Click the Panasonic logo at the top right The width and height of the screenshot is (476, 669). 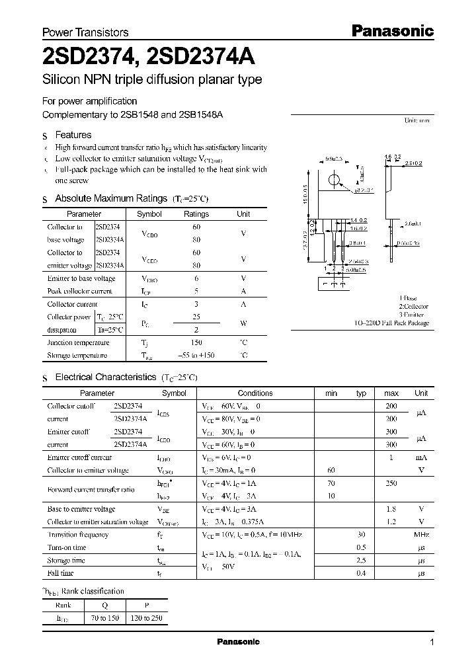pos(391,30)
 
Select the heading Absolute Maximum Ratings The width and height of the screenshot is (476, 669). pos(111,198)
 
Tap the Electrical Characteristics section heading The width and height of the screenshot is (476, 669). pos(105,377)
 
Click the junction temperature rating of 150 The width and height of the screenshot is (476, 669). pos(196,342)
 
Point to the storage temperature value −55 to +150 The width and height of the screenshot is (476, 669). pos(196,355)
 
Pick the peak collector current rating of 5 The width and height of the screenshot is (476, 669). pos(196,291)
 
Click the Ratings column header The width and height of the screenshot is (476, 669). pos(196,214)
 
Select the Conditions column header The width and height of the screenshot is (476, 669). pos(255,393)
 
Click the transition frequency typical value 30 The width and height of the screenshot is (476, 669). pos(361,535)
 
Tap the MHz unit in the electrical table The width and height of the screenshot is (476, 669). pos(421,535)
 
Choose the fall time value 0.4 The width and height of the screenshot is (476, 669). pos(361,573)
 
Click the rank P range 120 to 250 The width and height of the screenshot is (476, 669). pos(145,618)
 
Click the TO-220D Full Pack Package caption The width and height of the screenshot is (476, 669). pos(391,323)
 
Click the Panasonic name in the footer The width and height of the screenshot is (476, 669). pos(239,642)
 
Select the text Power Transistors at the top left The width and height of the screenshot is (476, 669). pos(85,32)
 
